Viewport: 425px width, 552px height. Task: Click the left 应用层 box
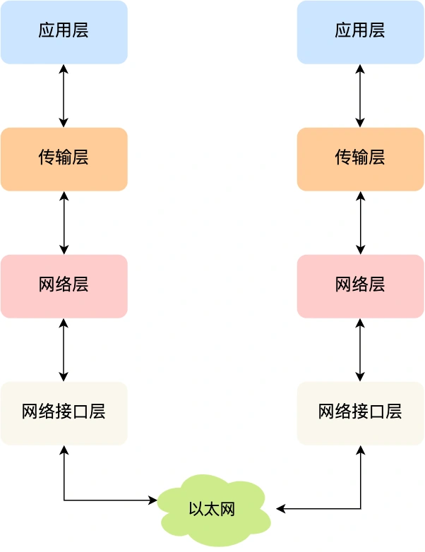click(x=64, y=32)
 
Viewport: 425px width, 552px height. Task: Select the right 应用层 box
click(x=360, y=32)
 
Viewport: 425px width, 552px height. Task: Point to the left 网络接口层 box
click(x=64, y=413)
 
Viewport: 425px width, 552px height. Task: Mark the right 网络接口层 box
click(x=360, y=413)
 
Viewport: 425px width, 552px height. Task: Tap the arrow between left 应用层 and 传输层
click(x=64, y=95)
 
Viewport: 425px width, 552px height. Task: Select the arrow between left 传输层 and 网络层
click(x=64, y=222)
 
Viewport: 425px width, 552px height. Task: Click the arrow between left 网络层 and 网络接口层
click(x=64, y=349)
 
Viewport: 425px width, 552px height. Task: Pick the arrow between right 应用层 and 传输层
click(x=360, y=95)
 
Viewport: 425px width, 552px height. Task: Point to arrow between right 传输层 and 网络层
click(x=360, y=222)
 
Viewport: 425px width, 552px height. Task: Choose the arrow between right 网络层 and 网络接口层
click(x=360, y=349)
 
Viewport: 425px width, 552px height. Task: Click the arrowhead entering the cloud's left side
click(x=153, y=500)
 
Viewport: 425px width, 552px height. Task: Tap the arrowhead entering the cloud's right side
click(x=280, y=509)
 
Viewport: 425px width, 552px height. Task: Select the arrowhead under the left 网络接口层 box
click(x=64, y=450)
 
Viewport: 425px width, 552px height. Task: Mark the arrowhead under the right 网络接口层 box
click(x=360, y=450)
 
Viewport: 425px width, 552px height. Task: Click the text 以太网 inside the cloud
click(x=212, y=509)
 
